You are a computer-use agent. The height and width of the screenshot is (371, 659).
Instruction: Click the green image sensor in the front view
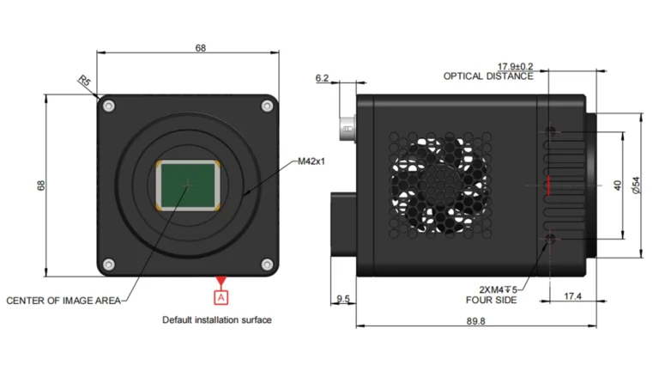tap(189, 185)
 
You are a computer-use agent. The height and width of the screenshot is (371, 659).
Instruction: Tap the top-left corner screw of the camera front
tap(109, 106)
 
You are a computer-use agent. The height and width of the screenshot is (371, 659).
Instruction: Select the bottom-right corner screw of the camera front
tap(268, 264)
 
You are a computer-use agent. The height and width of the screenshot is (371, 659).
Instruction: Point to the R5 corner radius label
tap(85, 82)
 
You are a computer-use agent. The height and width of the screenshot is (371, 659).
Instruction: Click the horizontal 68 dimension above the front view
tap(201, 49)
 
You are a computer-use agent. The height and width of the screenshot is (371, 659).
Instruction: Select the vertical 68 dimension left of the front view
tap(41, 185)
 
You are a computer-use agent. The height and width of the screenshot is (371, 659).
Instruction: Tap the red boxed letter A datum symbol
tap(221, 297)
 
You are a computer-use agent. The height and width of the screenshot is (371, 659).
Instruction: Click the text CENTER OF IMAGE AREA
tap(63, 301)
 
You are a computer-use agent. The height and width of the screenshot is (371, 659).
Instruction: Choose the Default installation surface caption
tap(217, 320)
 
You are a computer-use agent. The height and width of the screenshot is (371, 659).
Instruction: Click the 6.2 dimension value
tap(323, 78)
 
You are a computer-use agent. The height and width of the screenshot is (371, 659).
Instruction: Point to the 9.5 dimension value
tap(343, 298)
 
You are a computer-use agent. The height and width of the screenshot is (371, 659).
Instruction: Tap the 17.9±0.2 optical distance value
tap(515, 65)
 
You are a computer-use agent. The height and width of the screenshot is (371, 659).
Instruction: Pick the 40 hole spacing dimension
tap(616, 185)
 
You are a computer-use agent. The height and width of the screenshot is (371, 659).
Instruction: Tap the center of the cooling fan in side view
tap(439, 183)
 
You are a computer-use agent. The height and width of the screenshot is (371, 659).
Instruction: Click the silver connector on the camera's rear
tap(347, 128)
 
